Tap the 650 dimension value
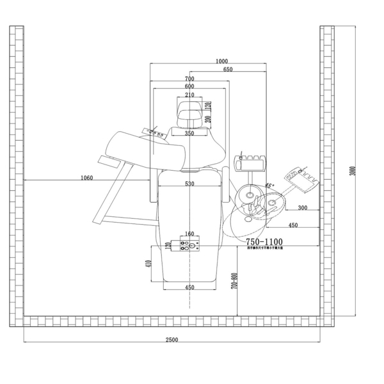click(228, 69)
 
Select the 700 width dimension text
click(189, 79)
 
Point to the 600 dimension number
click(189, 86)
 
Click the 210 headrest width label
click(189, 95)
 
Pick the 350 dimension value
click(189, 134)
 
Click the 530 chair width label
click(189, 184)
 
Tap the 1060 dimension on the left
click(88, 177)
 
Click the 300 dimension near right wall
click(302, 208)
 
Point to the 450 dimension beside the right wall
click(292, 225)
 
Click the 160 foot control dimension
click(189, 234)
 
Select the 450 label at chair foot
click(189, 288)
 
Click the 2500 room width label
click(172, 339)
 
